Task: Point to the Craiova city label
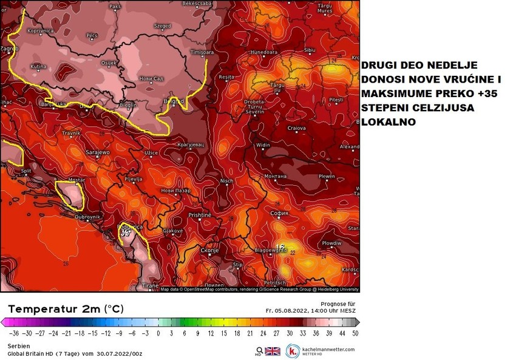coord(296,128)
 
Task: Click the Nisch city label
coord(226,180)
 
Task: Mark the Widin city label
coord(263,145)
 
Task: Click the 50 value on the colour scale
coord(354,333)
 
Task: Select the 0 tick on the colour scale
coord(158,333)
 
